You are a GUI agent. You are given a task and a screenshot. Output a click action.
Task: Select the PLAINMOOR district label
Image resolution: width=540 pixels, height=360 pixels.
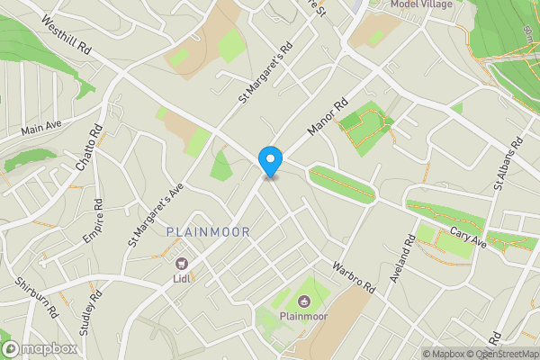coord(209,232)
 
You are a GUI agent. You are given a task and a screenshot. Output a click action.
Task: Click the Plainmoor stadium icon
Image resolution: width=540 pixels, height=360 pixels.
coord(302,301)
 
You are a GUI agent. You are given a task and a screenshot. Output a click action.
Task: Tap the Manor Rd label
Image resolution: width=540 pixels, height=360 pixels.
coord(327,118)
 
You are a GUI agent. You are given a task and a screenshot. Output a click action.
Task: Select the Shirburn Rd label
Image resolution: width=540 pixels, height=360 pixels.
coord(36,299)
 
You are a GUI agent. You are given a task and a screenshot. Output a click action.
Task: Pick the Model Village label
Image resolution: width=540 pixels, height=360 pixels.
coord(422,4)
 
